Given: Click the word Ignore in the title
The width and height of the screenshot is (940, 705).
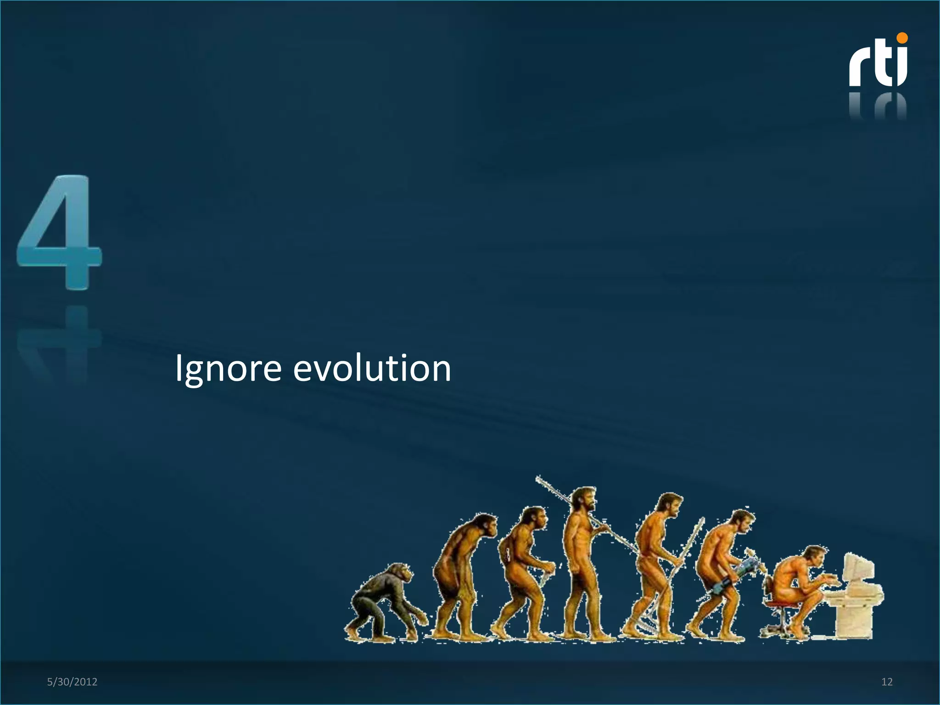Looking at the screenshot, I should (x=228, y=369).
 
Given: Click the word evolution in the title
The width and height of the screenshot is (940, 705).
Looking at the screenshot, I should (x=372, y=369).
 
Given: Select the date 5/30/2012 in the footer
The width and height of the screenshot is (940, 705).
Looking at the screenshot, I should (x=72, y=682).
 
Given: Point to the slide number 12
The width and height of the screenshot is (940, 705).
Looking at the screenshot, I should (x=887, y=682).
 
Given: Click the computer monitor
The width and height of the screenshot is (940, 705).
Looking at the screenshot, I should (x=857, y=571).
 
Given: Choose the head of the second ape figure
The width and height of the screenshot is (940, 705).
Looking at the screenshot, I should (x=484, y=526).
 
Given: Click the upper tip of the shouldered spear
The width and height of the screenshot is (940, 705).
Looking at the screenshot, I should (x=538, y=479).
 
